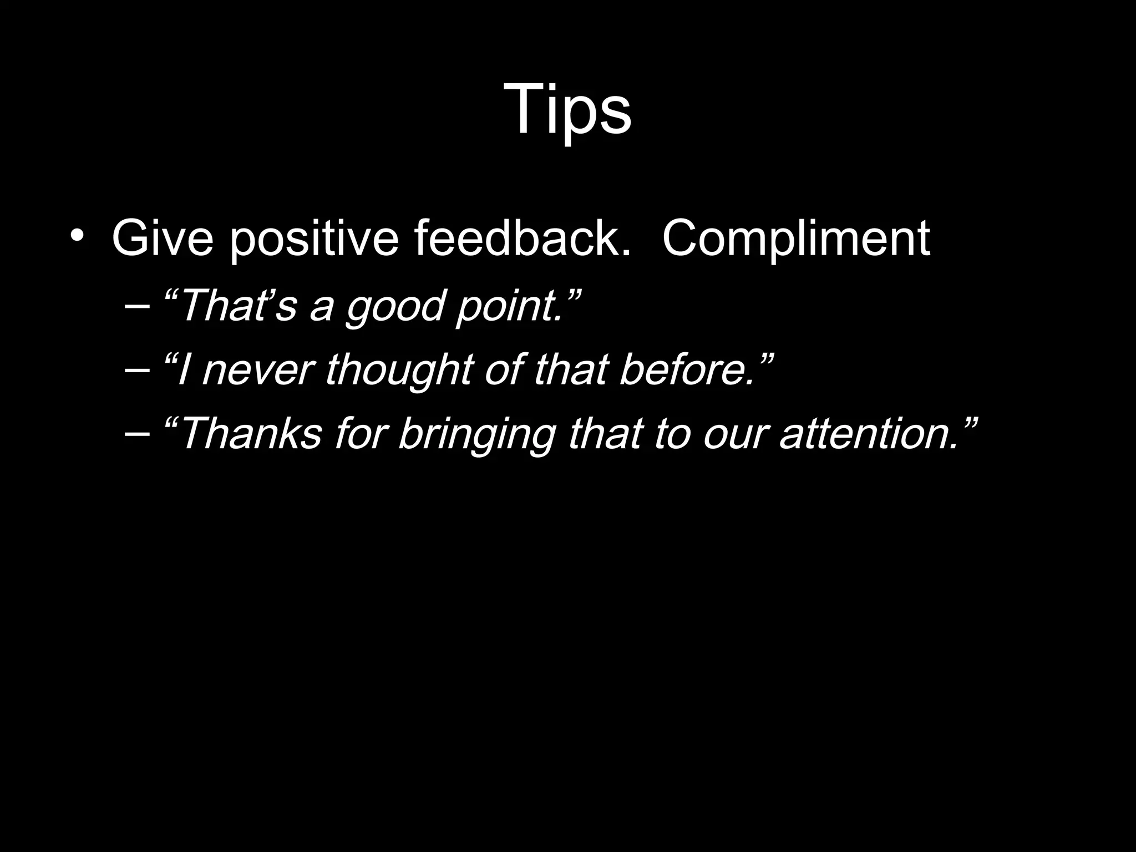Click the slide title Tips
pyautogui.click(x=567, y=109)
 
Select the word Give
pyautogui.click(x=163, y=239)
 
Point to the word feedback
pyautogui.click(x=522, y=239)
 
